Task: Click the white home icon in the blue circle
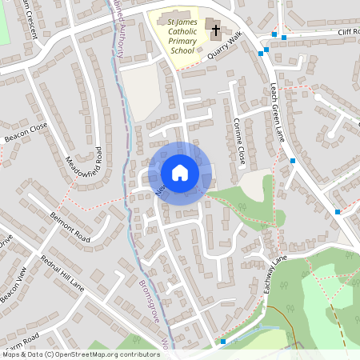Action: pyautogui.click(x=180, y=173)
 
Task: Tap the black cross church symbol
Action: pyautogui.click(x=215, y=31)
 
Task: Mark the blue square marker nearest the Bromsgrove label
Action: pyautogui.click(x=222, y=342)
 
